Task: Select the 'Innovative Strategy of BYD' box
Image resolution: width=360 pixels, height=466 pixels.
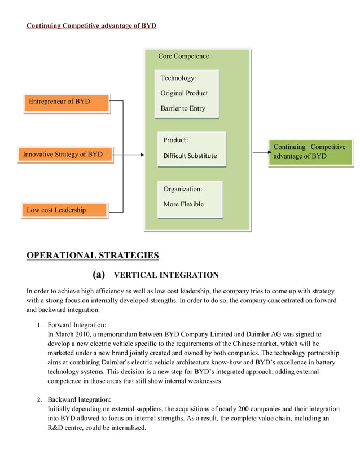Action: click(x=67, y=155)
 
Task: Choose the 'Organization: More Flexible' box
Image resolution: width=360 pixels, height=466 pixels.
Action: click(x=191, y=199)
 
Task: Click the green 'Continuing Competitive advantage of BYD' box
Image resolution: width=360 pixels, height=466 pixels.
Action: click(x=310, y=152)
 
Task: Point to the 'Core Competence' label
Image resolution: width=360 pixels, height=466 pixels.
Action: click(x=183, y=56)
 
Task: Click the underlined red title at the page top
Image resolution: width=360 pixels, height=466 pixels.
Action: click(x=91, y=26)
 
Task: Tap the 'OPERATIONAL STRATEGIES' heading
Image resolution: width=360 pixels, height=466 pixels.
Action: click(x=93, y=256)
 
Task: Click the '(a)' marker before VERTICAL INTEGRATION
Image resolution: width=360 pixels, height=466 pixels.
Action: click(x=99, y=275)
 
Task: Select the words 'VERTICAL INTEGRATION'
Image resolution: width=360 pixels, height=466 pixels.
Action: click(x=166, y=275)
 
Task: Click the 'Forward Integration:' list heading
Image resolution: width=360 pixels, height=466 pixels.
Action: click(x=77, y=325)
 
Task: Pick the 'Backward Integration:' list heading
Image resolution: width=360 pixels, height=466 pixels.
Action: click(x=79, y=399)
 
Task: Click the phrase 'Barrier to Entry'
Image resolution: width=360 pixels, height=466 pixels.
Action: click(x=183, y=108)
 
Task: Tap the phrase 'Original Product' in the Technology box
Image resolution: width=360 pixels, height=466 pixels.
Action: click(x=184, y=93)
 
